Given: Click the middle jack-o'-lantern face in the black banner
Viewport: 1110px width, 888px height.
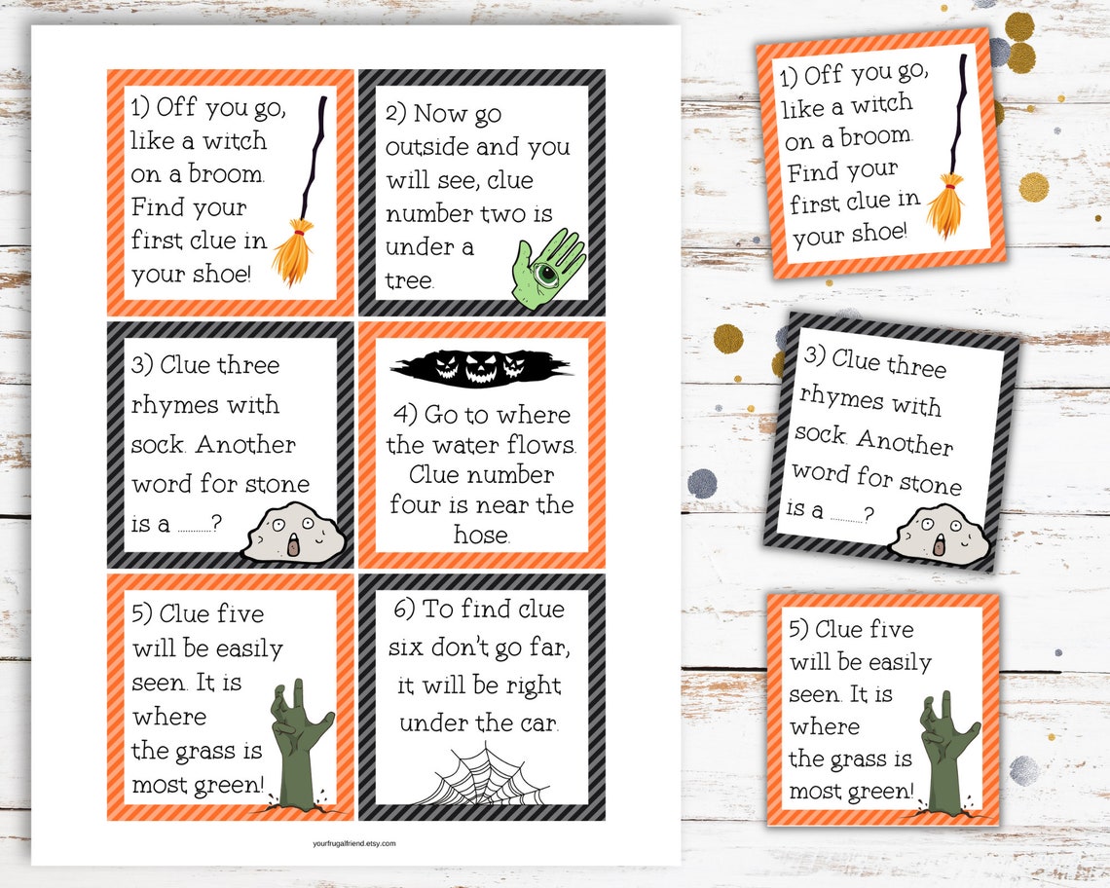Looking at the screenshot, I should [481, 367].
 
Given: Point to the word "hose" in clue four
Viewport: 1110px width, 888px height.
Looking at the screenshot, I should [481, 535].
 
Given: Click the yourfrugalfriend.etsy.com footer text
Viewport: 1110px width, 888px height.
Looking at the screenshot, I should [350, 843].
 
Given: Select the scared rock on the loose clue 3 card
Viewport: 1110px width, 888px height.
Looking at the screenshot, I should [940, 534].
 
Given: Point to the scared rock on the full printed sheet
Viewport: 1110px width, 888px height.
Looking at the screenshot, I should [293, 534].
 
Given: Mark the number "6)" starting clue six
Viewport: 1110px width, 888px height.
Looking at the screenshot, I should [404, 610].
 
